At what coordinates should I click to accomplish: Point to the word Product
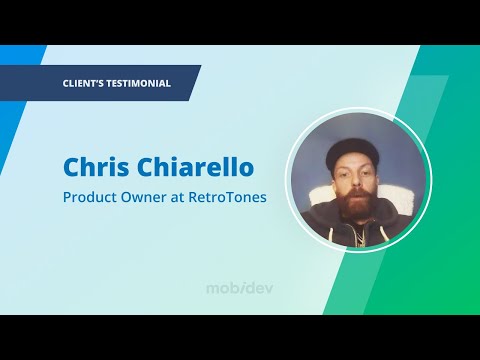tap(88, 197)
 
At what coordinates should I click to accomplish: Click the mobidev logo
tap(240, 288)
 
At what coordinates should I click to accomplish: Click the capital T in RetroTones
tap(236, 197)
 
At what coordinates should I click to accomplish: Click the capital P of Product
tap(67, 197)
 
